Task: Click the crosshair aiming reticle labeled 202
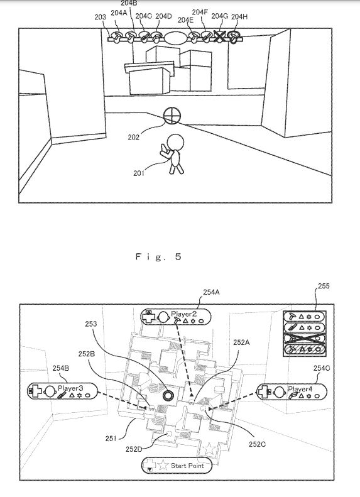click(x=172, y=116)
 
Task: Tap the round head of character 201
click(x=175, y=141)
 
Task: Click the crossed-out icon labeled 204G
click(x=219, y=36)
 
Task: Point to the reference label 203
click(x=100, y=17)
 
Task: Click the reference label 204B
click(x=129, y=4)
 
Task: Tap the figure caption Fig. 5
click(x=158, y=256)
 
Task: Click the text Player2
click(x=184, y=314)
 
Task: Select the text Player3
click(x=70, y=388)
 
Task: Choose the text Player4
click(x=300, y=388)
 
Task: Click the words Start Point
click(x=187, y=466)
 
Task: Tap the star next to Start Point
click(x=163, y=465)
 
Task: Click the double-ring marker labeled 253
click(x=168, y=395)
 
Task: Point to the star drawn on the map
click(x=209, y=449)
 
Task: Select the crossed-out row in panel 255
click(x=304, y=338)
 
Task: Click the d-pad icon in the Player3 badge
click(x=36, y=391)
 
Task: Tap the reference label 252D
click(x=134, y=449)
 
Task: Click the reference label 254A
click(x=211, y=292)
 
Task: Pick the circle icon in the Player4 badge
click(x=279, y=392)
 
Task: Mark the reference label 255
click(x=324, y=286)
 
